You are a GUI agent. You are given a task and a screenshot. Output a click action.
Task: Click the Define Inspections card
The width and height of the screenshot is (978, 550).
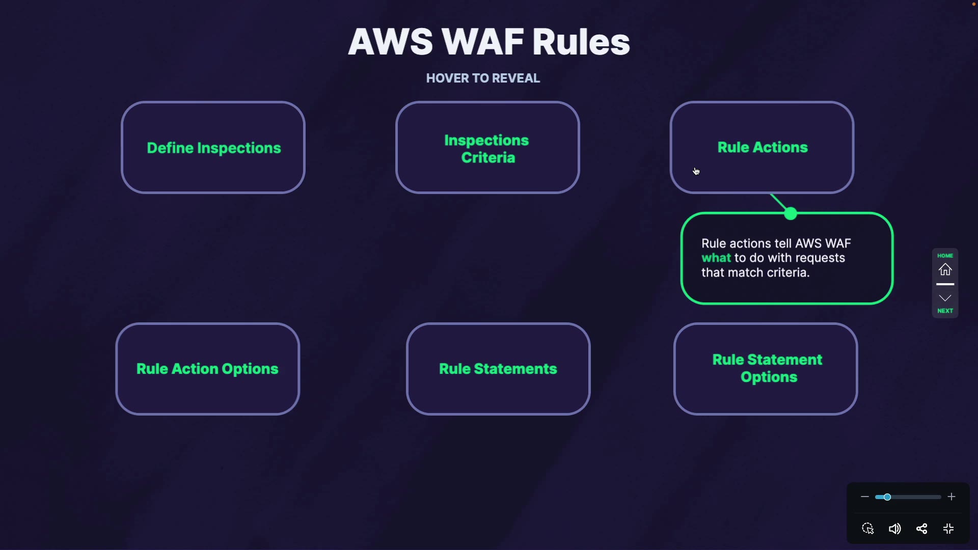click(213, 148)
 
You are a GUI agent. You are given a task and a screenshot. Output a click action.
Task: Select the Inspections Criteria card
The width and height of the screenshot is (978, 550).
click(487, 148)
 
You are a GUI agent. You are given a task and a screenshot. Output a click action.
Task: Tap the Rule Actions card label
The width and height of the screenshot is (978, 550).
click(762, 148)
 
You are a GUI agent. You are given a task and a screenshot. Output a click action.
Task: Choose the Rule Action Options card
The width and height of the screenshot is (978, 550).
click(207, 369)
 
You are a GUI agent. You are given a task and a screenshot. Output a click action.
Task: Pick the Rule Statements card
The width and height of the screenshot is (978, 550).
click(498, 369)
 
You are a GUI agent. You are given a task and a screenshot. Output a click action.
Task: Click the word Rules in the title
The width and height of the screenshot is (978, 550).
click(581, 42)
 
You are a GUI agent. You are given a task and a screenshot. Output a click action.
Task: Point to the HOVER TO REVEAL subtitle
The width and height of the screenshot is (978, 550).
click(483, 78)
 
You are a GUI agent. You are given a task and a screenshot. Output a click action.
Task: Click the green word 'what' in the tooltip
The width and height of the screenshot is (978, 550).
click(716, 258)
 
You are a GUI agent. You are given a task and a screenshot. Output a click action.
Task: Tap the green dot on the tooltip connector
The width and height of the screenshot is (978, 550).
click(791, 214)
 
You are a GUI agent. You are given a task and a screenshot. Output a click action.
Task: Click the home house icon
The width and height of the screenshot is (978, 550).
click(945, 269)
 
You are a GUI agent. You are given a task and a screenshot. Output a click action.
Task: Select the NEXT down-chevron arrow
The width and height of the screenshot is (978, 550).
click(945, 298)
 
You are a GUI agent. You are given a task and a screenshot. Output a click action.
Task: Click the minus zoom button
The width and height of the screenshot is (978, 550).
click(864, 497)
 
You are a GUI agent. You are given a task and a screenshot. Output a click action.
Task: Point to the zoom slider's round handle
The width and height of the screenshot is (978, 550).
click(887, 497)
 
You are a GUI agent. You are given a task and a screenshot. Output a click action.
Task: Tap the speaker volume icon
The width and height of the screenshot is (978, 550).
click(894, 529)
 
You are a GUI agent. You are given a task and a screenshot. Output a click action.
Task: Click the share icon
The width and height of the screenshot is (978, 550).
click(921, 529)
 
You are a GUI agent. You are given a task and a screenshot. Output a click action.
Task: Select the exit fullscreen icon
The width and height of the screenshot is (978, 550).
click(948, 529)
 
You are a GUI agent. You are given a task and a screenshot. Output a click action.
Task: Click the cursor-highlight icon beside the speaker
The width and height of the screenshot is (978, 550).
click(868, 529)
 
